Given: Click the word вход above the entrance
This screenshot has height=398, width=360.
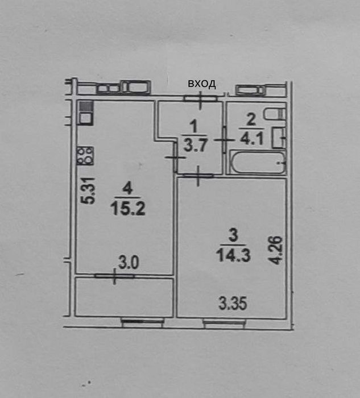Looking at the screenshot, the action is pos(202,84).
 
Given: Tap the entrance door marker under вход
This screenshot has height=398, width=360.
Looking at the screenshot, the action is pos(201,98).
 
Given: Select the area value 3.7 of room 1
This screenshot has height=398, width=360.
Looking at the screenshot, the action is pos(194,144).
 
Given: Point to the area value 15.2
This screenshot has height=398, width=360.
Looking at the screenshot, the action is pos(129,208).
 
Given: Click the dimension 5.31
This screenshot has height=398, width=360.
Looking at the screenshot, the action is pos(87,192).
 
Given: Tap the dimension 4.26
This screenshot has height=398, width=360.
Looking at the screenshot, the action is pos(277,250).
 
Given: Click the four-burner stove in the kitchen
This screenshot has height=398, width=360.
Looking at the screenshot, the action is pos(85,155).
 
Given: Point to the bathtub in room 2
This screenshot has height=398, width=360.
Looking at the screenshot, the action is pos(258,164).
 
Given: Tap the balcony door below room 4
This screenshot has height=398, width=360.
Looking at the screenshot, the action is pos(115,277).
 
